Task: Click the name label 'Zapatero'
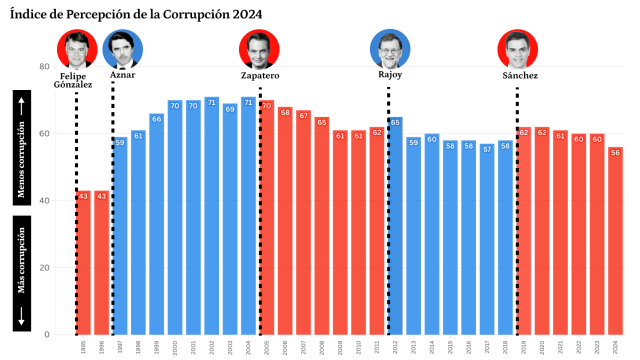(x=260, y=76)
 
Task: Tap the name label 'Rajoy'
(x=390, y=75)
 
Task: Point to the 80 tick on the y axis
(x=43, y=66)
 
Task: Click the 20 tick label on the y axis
(x=43, y=268)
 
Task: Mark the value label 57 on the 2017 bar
(x=488, y=149)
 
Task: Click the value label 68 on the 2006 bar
(x=285, y=112)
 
